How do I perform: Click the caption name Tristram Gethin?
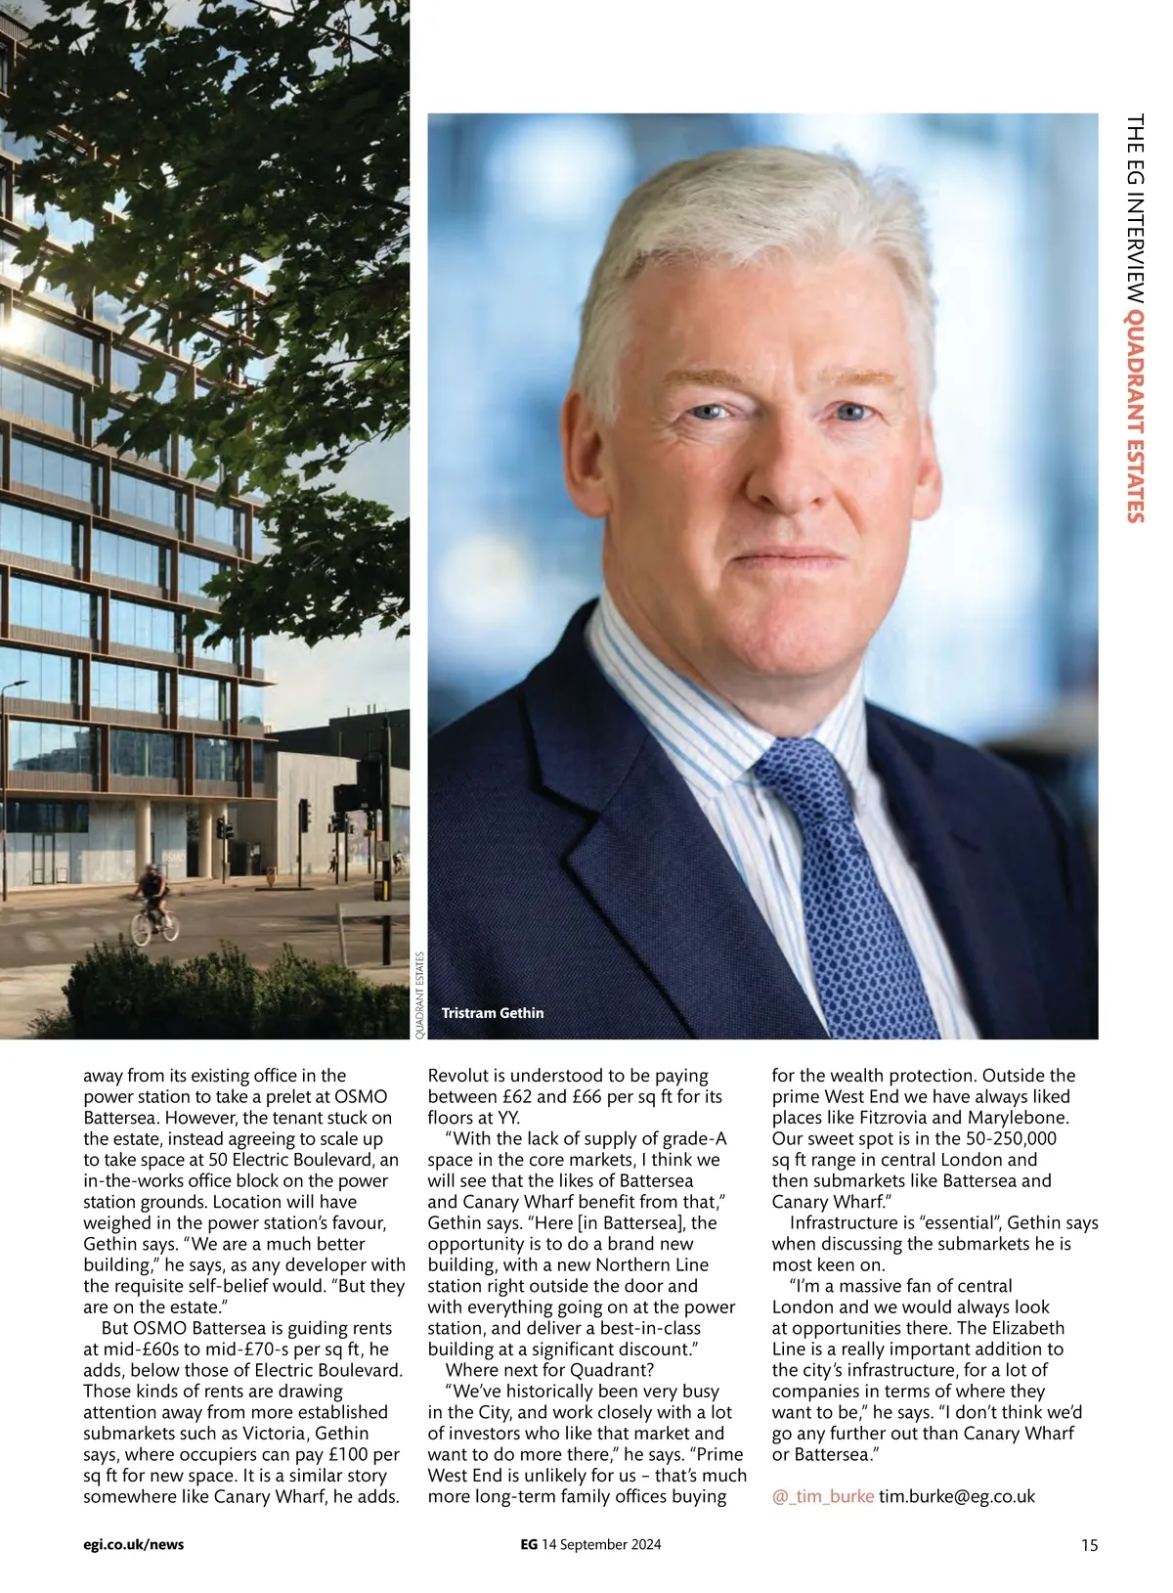pyautogui.click(x=492, y=1013)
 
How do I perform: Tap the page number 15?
pyautogui.click(x=1089, y=1545)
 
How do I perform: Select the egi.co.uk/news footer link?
pyautogui.click(x=134, y=1545)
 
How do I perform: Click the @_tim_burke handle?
pyautogui.click(x=823, y=1496)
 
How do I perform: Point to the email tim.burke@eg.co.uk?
pyautogui.click(x=957, y=1496)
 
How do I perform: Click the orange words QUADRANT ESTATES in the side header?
pyautogui.click(x=1135, y=417)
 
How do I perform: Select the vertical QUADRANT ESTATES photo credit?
pyautogui.click(x=420, y=995)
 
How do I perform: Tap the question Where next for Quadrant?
pyautogui.click(x=549, y=1370)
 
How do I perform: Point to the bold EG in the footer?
pyautogui.click(x=528, y=1545)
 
